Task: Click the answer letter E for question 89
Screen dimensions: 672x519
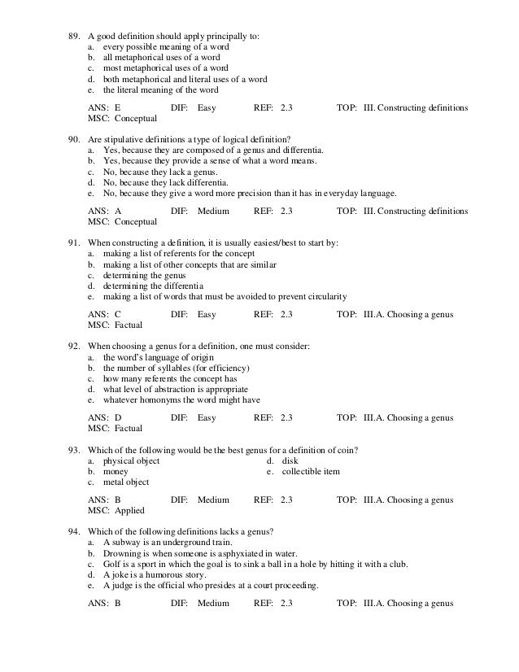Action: click(x=118, y=107)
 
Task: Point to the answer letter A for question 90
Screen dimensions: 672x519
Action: click(x=118, y=211)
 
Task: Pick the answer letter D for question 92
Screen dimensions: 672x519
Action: click(x=118, y=418)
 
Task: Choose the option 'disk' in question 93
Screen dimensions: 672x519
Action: click(x=290, y=461)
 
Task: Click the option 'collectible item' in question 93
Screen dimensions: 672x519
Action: click(x=311, y=472)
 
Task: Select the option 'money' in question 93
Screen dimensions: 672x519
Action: click(x=116, y=472)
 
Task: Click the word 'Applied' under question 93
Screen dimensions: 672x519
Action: click(x=129, y=511)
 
